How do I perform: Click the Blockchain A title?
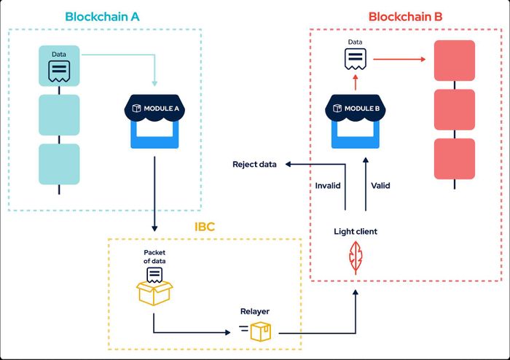click(102, 17)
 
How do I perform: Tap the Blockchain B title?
click(405, 17)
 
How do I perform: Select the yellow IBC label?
click(205, 227)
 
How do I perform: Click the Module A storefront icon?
click(154, 121)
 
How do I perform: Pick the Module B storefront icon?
click(356, 121)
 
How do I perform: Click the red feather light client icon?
click(356, 257)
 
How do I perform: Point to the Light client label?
click(356, 232)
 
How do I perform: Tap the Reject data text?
click(254, 164)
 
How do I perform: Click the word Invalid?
click(328, 186)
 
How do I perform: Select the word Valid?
click(380, 186)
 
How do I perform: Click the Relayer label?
click(255, 311)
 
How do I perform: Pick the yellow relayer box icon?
click(260, 332)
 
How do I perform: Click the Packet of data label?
click(154, 257)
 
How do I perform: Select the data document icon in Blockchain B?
click(356, 59)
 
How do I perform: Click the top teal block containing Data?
click(59, 66)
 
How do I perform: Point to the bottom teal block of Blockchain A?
click(59, 164)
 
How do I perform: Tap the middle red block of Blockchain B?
click(455, 109)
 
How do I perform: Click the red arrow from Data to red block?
click(399, 59)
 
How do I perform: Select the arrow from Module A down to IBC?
click(154, 194)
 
